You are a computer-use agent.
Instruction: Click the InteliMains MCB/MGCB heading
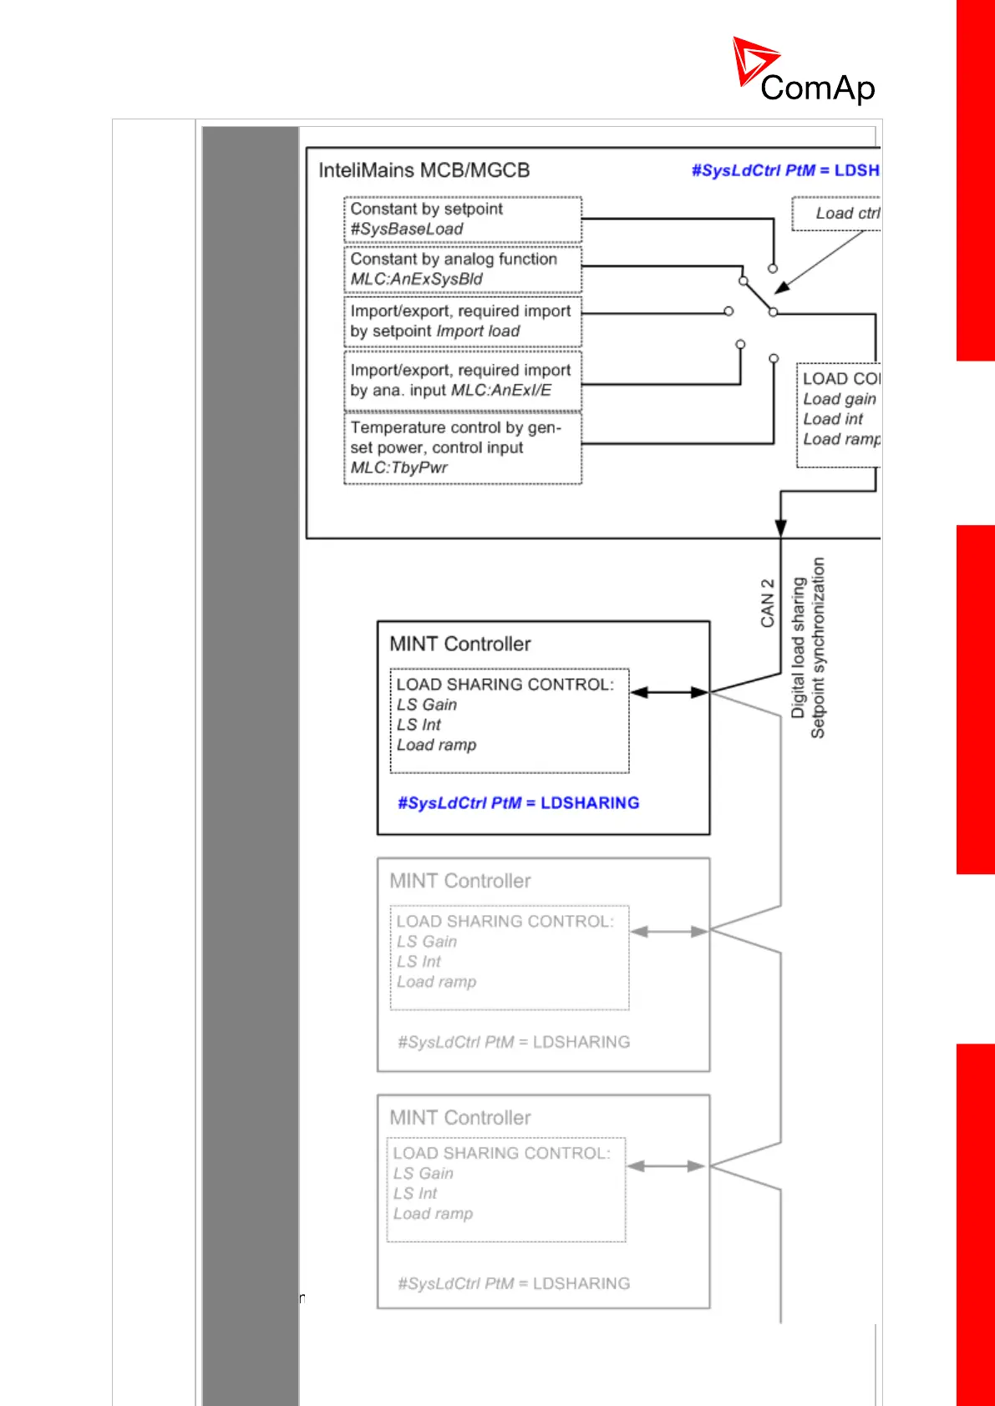424,170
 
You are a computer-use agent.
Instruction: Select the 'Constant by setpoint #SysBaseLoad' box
463,220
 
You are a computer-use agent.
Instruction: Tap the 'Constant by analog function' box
463,269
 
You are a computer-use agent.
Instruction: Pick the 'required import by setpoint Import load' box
463,321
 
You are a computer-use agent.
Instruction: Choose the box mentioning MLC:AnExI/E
463,381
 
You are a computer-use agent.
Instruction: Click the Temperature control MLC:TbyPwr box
463,448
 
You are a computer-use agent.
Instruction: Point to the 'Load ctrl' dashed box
838,214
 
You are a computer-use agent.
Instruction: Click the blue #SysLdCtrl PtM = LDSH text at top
784,170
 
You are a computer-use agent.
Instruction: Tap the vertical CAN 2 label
767,603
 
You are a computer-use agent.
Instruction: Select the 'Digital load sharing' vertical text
798,647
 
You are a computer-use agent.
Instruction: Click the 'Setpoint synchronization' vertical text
818,647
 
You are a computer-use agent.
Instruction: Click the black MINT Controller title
459,644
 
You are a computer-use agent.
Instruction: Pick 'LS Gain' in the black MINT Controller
427,705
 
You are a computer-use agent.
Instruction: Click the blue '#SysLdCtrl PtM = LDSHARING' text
518,803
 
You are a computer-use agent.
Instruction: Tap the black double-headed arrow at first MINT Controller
668,692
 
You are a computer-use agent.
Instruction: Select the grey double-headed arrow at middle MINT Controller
668,931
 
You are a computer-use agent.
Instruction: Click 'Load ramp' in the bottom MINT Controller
433,1214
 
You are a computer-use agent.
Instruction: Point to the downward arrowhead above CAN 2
780,527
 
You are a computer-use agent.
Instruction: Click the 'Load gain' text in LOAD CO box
839,399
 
